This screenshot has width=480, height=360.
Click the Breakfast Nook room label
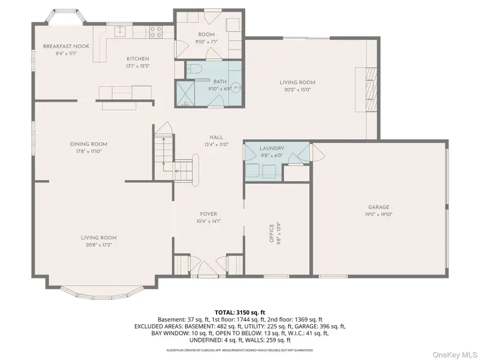click(66, 46)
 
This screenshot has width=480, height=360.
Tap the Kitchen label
click(138, 59)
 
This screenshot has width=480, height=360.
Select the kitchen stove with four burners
click(155, 32)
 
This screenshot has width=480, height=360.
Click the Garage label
click(378, 207)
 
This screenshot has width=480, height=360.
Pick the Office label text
click(271, 233)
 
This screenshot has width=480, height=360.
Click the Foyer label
click(209, 214)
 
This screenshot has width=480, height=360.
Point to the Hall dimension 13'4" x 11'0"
click(216, 144)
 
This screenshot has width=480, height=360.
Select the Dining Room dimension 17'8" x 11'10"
click(89, 151)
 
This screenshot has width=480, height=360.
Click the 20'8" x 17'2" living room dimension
click(99, 245)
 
